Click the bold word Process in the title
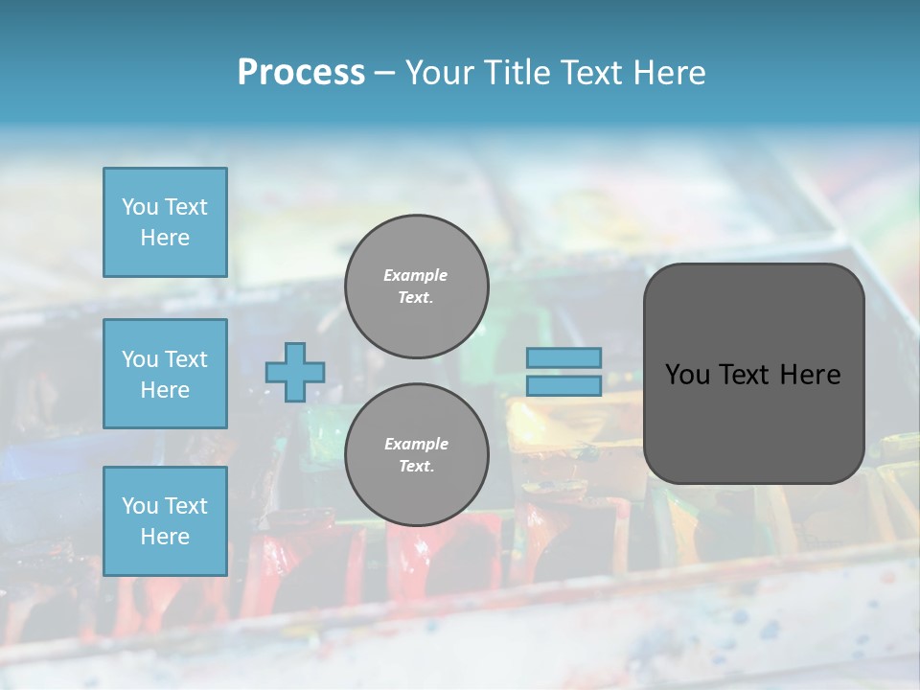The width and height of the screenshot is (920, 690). (x=301, y=72)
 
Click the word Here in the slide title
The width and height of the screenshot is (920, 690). (x=667, y=72)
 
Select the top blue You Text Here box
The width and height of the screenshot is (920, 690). (x=165, y=222)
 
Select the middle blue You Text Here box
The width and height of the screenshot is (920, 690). (x=165, y=374)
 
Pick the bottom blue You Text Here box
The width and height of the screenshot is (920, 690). (x=165, y=520)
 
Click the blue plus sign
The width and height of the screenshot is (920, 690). (x=295, y=373)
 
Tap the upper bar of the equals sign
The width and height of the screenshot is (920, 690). (x=564, y=358)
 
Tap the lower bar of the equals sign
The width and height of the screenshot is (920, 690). (x=564, y=385)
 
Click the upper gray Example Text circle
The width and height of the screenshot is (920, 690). (x=416, y=286)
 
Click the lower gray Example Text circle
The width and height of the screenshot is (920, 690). (x=416, y=454)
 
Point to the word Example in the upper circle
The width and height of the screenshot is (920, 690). (x=416, y=275)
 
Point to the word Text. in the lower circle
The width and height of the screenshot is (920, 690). (x=416, y=466)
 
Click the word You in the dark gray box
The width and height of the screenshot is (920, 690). (x=687, y=375)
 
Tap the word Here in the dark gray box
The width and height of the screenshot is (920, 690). (x=811, y=375)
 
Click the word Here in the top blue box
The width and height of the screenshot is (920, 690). (x=165, y=238)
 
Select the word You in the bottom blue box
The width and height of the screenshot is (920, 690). (x=139, y=506)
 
